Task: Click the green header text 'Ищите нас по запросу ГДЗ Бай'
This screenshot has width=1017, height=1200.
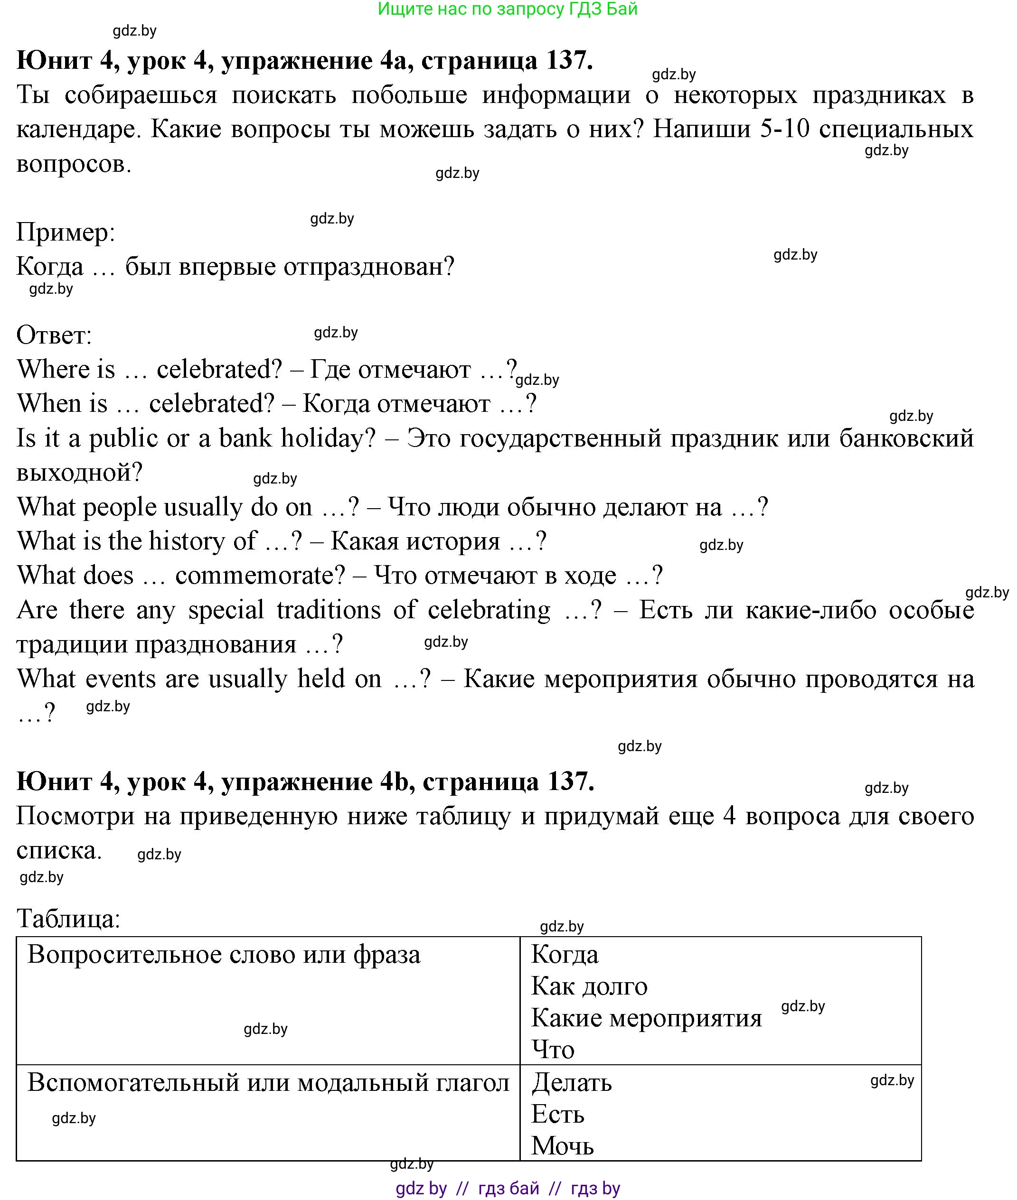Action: pyautogui.click(x=508, y=9)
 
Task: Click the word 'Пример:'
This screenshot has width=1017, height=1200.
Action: pyautogui.click(x=66, y=233)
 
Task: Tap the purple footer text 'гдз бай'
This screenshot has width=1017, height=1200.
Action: pyautogui.click(x=508, y=1188)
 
